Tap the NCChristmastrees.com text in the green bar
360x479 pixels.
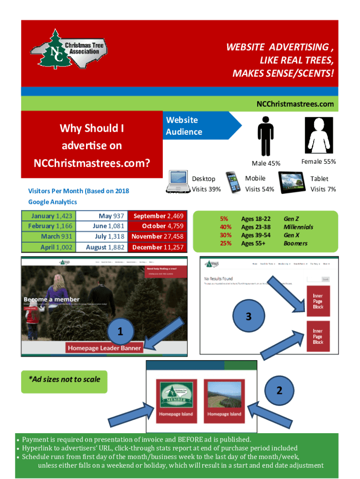pyautogui.click(x=295, y=104)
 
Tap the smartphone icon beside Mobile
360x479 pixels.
pyautogui.click(x=234, y=182)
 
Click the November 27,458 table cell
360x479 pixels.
pyautogui.click(x=157, y=237)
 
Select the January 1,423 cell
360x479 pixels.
pyautogui.click(x=48, y=216)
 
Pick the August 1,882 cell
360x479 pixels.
pyautogui.click(x=102, y=247)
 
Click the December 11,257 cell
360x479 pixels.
pyautogui.click(x=157, y=247)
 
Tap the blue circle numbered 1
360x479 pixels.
pyautogui.click(x=120, y=332)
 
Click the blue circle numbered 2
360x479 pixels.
pyautogui.click(x=279, y=390)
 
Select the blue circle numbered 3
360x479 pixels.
pyautogui.click(x=249, y=316)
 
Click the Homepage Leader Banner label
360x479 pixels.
pyautogui.click(x=104, y=348)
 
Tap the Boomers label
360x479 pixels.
pyautogui.click(x=295, y=243)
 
